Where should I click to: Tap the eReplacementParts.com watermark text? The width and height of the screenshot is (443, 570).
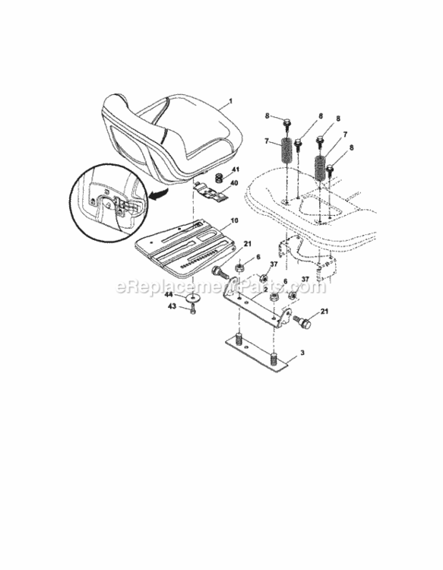(221, 287)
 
